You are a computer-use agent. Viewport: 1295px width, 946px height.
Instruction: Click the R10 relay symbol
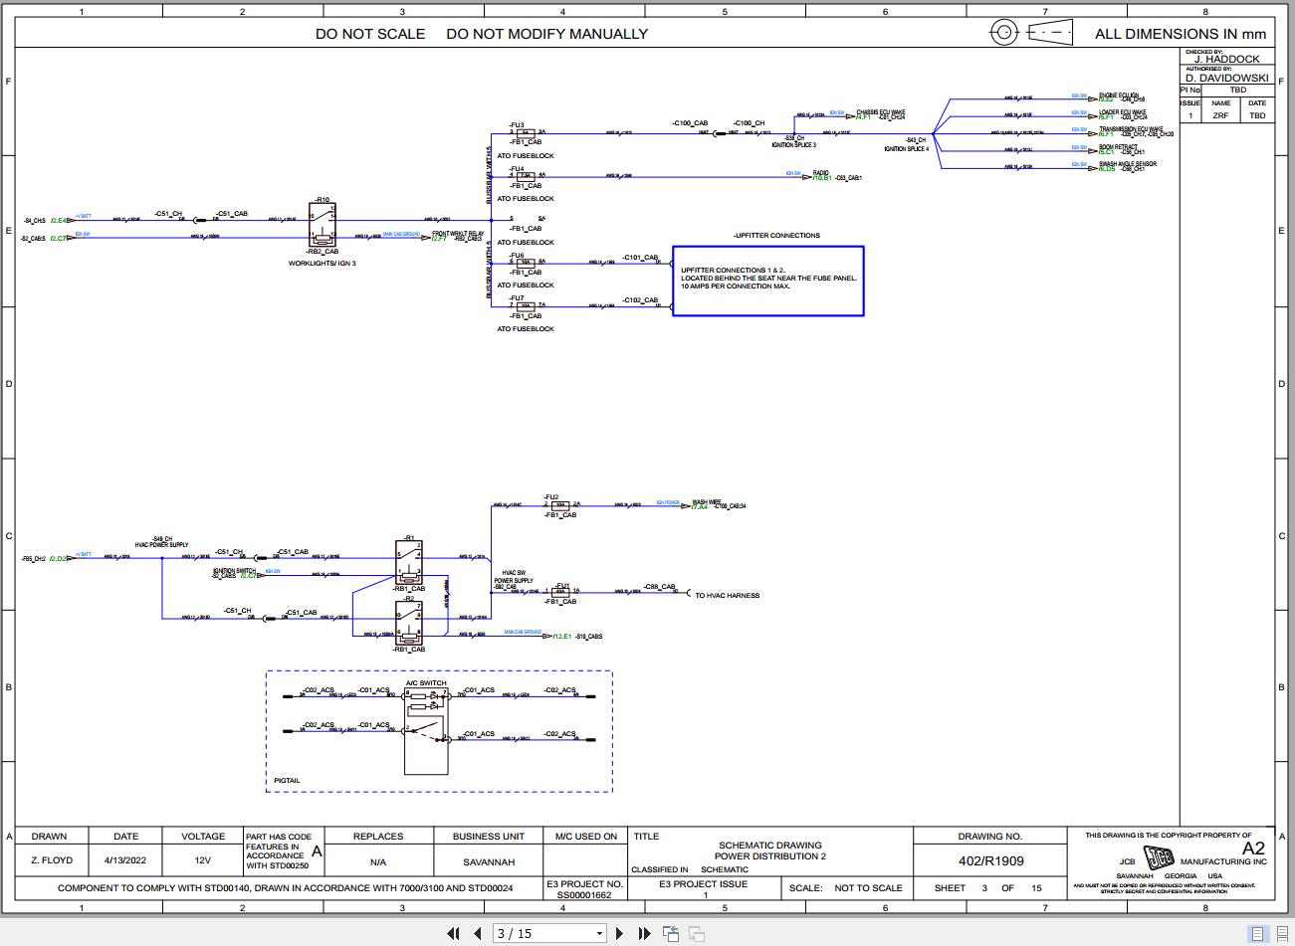pos(324,224)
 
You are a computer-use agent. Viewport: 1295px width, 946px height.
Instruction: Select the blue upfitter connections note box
pos(767,281)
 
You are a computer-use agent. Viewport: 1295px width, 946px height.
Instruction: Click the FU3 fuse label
pos(517,124)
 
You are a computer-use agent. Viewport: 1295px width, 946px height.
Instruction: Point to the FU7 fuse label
pos(517,297)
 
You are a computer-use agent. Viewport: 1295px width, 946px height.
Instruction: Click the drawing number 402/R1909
pos(990,860)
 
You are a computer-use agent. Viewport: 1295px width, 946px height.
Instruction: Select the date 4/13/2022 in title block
pos(125,861)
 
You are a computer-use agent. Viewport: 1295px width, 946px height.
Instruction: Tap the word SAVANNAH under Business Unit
pos(489,862)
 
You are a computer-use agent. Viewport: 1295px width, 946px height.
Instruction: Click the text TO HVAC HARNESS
pos(727,596)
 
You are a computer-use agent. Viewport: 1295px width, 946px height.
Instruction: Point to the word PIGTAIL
pos(287,781)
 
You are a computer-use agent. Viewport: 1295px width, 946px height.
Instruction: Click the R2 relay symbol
pos(409,622)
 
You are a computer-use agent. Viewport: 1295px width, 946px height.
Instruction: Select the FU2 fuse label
pos(551,496)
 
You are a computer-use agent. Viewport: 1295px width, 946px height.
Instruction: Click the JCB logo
pos(1160,858)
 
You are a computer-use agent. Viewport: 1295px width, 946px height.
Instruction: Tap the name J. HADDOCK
pos(1226,59)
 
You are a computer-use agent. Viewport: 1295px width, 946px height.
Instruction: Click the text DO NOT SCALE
pos(370,34)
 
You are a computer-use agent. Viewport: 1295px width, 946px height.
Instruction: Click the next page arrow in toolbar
pos(620,933)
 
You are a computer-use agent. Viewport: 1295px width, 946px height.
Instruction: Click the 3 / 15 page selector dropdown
pos(549,933)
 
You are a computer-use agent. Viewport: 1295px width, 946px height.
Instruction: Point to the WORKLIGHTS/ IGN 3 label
pos(322,264)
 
